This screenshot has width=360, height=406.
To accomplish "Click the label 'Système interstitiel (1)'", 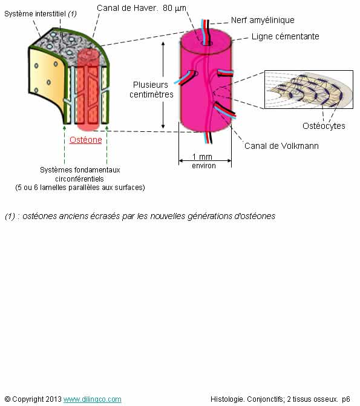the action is coord(41,14).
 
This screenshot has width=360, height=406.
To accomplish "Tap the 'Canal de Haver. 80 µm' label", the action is coord(142,8).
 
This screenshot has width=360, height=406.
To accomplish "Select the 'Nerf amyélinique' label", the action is coord(263,20).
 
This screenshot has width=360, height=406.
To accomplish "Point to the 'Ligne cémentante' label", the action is coord(285,36).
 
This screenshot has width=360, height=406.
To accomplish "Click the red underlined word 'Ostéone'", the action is coord(86,140).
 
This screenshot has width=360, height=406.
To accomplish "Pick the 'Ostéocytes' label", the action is coord(324,126).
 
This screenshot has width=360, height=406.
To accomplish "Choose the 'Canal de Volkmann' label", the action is coord(281,146).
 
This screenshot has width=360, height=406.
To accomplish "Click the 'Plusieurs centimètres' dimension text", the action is coord(151,90).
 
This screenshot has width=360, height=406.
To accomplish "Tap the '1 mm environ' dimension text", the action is coord(204,161).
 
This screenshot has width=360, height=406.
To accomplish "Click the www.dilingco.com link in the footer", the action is coord(92,399).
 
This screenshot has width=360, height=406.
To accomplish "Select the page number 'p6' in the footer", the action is coord(346,399).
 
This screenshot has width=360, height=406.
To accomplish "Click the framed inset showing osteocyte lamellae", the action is coord(309,90).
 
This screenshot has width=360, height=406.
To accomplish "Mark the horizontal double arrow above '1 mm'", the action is coord(205,161).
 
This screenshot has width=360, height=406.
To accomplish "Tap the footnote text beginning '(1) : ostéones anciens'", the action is coord(140,216).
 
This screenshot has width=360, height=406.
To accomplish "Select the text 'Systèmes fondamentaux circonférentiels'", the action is coord(80,174).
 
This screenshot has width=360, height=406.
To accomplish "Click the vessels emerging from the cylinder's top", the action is coord(206,30).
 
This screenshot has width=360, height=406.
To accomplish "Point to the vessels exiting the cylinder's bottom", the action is coord(208,137).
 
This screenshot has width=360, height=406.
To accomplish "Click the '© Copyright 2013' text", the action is coord(33,399).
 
